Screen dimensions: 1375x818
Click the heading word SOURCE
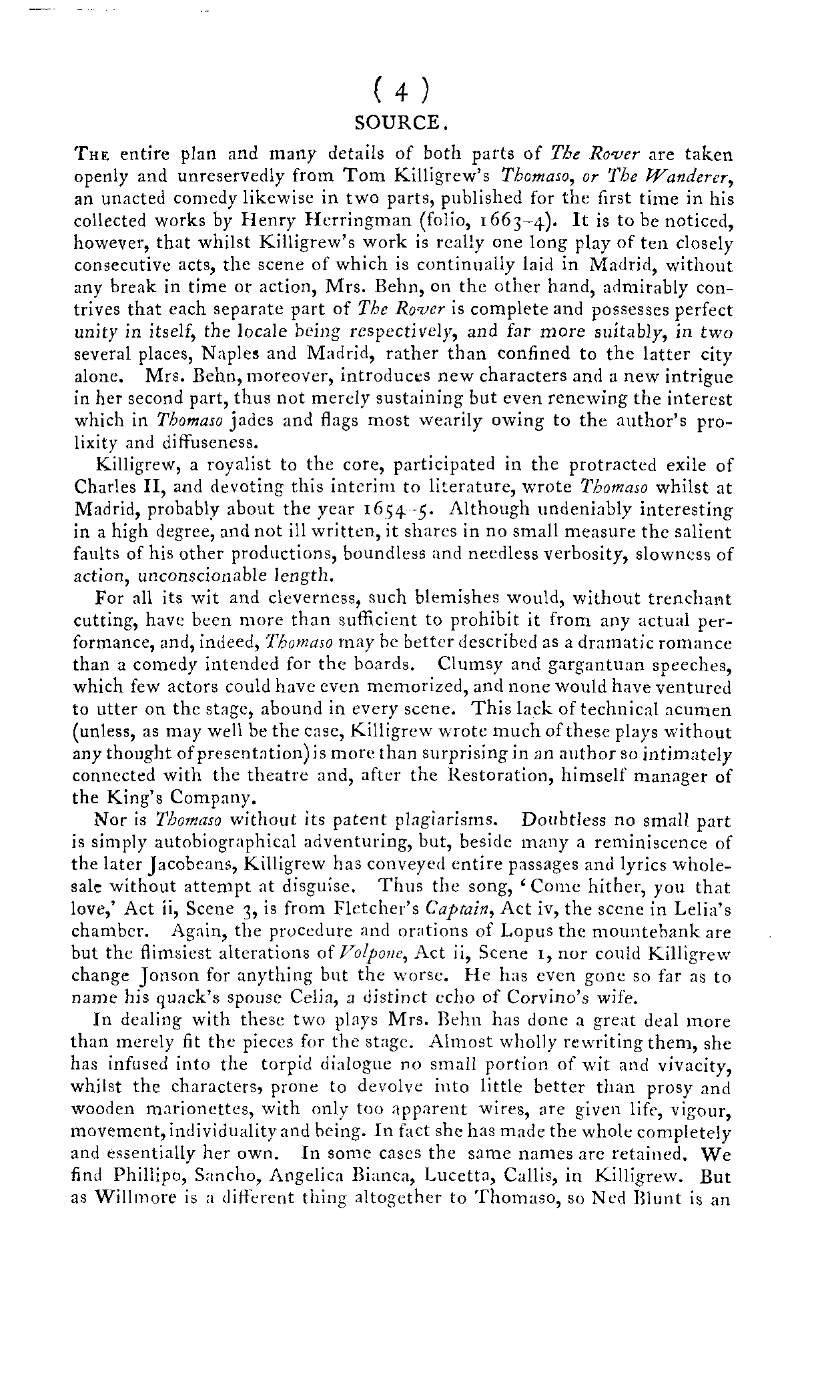point(397,123)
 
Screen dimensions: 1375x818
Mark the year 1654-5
point(399,510)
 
